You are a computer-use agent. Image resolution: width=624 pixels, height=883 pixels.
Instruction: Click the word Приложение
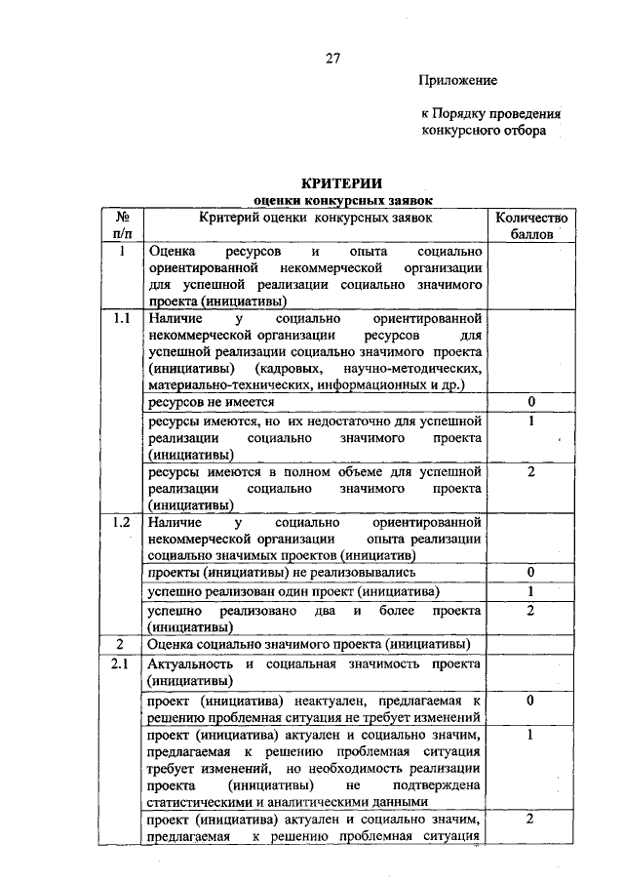[458, 79]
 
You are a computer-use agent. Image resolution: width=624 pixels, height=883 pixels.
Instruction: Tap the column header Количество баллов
[531, 226]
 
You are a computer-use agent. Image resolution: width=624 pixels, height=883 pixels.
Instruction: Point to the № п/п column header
[123, 226]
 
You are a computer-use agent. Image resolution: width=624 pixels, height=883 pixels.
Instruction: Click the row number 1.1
[122, 319]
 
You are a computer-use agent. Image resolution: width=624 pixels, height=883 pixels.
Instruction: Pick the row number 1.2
[122, 522]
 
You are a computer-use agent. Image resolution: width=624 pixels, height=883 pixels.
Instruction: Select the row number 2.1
[122, 664]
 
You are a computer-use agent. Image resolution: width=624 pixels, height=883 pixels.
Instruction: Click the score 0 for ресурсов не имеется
[531, 402]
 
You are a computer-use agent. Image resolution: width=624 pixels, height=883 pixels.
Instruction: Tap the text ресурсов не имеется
[212, 402]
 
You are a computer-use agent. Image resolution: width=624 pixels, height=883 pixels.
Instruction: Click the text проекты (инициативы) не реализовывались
[282, 572]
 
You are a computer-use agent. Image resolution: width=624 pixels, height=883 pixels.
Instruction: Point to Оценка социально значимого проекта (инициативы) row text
[308, 645]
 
